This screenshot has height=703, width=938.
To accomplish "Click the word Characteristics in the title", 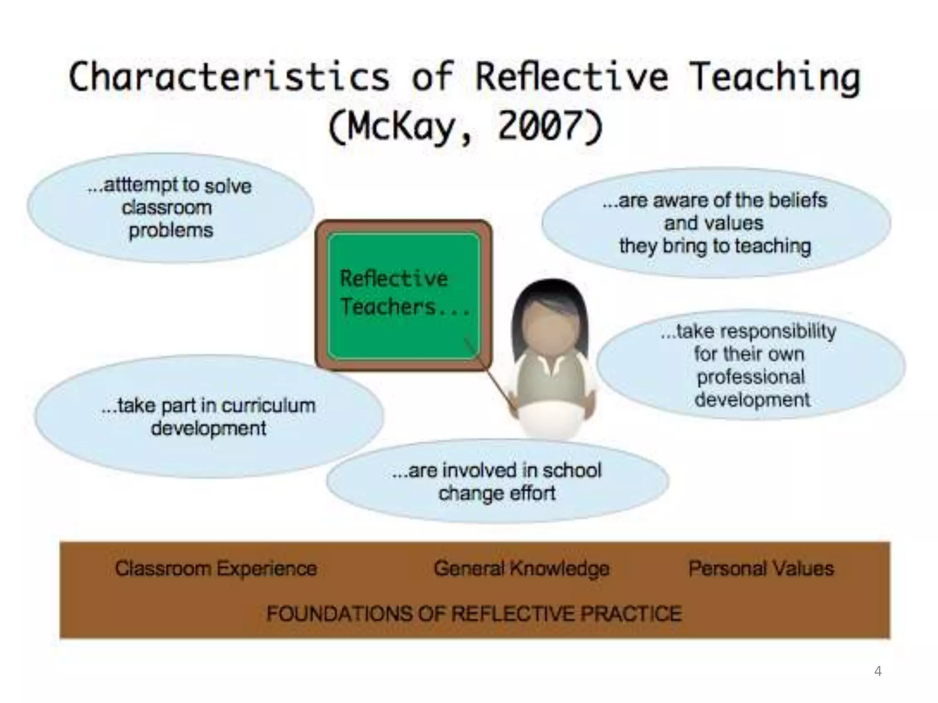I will [x=229, y=77].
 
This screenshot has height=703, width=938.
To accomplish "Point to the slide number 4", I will [x=878, y=671].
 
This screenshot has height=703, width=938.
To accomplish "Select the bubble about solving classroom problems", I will [x=170, y=208].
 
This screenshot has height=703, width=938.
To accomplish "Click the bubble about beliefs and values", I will [x=715, y=223].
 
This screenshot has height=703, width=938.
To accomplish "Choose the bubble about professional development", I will [x=751, y=365].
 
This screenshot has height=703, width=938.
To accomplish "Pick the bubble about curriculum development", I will [x=209, y=416].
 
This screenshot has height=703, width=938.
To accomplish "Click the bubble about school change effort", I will [x=497, y=481].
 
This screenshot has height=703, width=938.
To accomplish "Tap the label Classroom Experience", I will [x=216, y=569].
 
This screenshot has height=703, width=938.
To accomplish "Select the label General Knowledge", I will [x=521, y=569].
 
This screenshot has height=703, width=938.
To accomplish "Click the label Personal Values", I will [x=761, y=569].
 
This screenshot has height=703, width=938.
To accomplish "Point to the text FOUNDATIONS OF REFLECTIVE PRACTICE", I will [x=474, y=614].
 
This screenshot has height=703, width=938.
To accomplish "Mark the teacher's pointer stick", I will [x=490, y=375].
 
